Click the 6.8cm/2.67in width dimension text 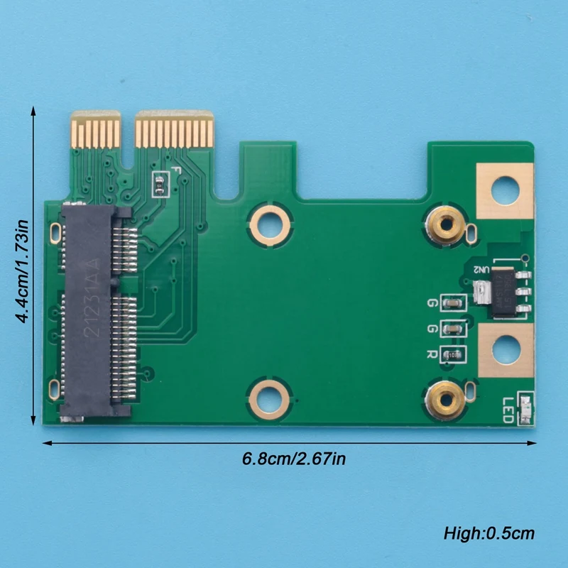pyautogui.click(x=294, y=459)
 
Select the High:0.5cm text pyautogui.click(x=488, y=532)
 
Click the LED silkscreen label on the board pyautogui.click(x=509, y=409)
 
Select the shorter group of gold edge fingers pyautogui.click(x=96, y=132)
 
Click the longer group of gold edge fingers pyautogui.click(x=174, y=132)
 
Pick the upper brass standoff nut pyautogui.click(x=446, y=226)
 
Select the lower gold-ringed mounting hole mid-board pyautogui.click(x=269, y=397)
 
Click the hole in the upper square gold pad pyautogui.click(x=505, y=190)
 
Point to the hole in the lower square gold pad pyautogui.click(x=505, y=349)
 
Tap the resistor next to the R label pyautogui.click(x=452, y=354)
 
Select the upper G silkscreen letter pyautogui.click(x=431, y=304)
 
